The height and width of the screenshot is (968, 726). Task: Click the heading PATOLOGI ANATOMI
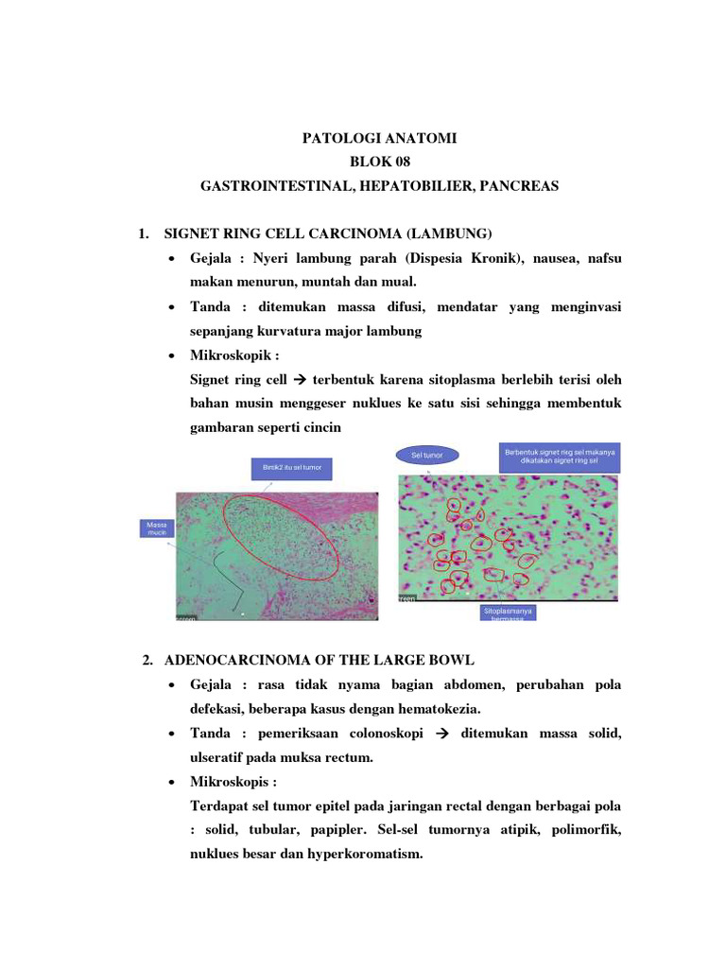[x=379, y=138]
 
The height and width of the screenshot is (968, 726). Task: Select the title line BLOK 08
[x=379, y=163]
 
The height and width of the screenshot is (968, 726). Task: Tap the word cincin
[x=320, y=428]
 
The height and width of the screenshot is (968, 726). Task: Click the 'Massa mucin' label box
[x=154, y=528]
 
